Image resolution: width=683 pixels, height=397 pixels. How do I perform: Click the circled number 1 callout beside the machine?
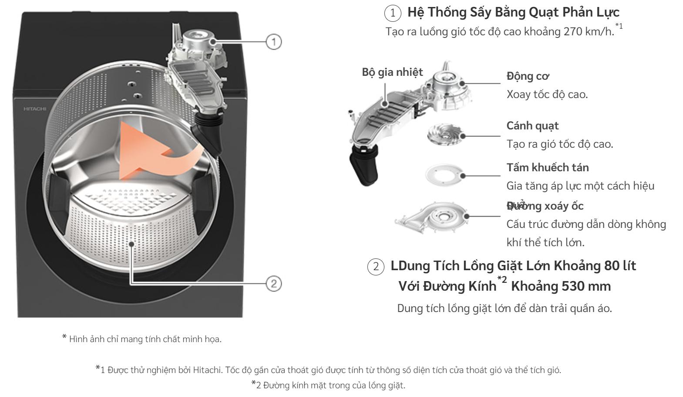click(x=274, y=42)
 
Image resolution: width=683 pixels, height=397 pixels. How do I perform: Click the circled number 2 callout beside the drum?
click(x=274, y=284)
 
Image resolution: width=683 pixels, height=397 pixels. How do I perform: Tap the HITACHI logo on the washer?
click(x=35, y=109)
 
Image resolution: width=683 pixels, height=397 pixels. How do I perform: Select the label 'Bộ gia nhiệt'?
click(x=392, y=72)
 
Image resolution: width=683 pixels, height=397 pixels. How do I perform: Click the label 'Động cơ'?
click(x=528, y=76)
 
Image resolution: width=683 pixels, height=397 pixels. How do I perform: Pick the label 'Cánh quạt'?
click(x=532, y=126)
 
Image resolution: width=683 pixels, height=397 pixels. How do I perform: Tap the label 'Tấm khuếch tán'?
click(x=548, y=167)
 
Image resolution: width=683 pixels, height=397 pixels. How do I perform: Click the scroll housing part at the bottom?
click(x=436, y=217)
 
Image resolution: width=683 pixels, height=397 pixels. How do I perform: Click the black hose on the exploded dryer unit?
click(x=365, y=166)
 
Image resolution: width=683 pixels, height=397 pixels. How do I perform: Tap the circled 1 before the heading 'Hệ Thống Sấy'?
click(x=393, y=13)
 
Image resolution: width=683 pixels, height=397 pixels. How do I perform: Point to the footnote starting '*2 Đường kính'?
click(x=328, y=385)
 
